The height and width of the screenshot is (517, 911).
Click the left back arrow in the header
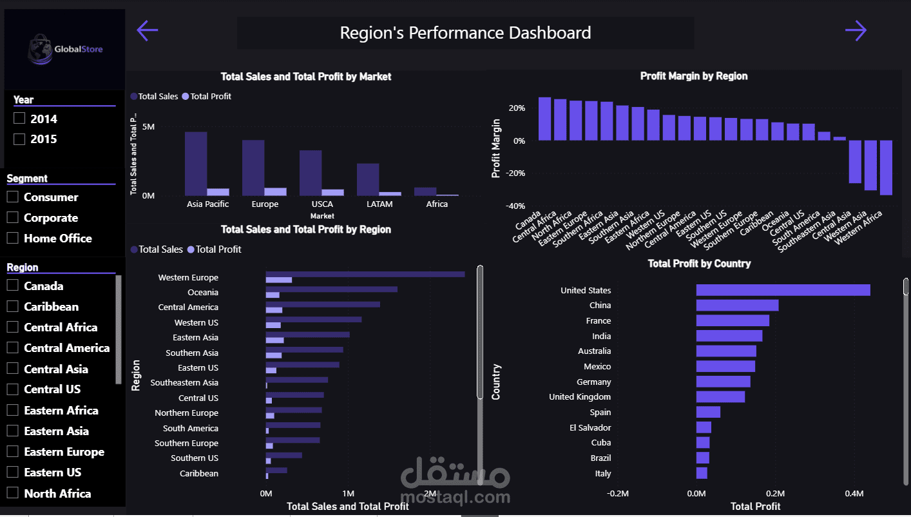[x=148, y=30]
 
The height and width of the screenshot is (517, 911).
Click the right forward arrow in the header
[x=856, y=30]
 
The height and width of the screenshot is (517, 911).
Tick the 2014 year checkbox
[x=19, y=119]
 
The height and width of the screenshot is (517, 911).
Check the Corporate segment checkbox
[x=12, y=217]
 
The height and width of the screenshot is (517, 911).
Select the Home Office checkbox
[x=12, y=238]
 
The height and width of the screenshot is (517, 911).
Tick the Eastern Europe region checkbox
[x=12, y=451]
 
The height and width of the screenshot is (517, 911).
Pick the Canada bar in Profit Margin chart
[x=544, y=119]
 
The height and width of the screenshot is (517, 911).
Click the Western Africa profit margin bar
[x=886, y=167]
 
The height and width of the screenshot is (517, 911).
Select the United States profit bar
[x=783, y=290]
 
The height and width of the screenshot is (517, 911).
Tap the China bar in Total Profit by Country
[x=737, y=306]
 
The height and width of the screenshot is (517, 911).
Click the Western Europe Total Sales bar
[x=365, y=275]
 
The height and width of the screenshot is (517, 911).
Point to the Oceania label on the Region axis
[x=203, y=293]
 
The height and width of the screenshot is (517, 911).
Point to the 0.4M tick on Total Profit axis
[x=854, y=494]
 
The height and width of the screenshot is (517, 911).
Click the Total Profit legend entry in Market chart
[x=210, y=96]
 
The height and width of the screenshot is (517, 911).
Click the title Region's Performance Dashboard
[x=465, y=33]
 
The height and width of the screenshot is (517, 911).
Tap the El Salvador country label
[x=590, y=427]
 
